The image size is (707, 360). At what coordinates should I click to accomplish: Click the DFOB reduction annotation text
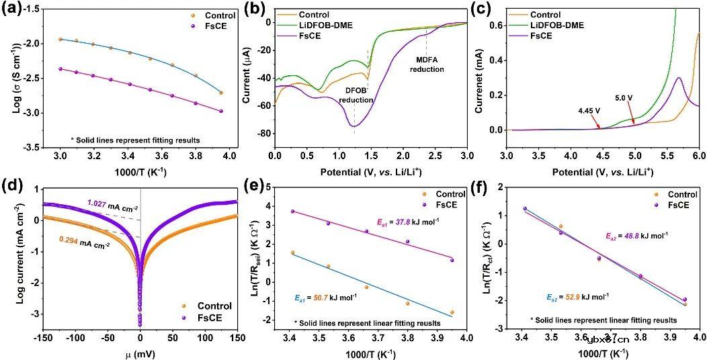click(x=356, y=95)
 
